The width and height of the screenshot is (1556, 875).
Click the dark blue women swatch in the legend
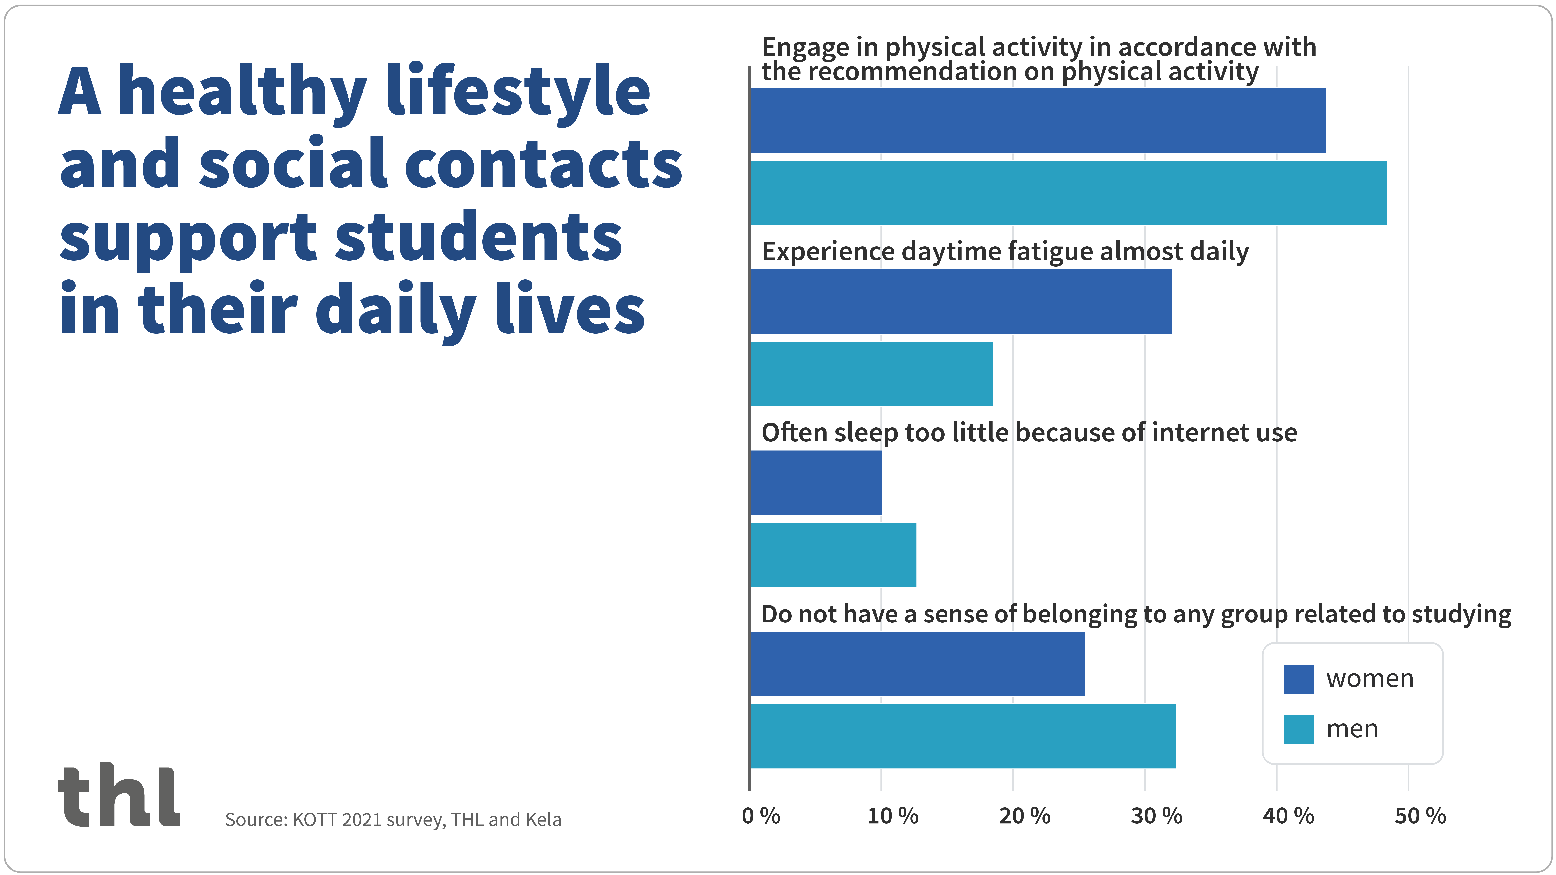coord(1299,679)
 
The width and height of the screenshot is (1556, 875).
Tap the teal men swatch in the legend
coord(1299,729)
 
